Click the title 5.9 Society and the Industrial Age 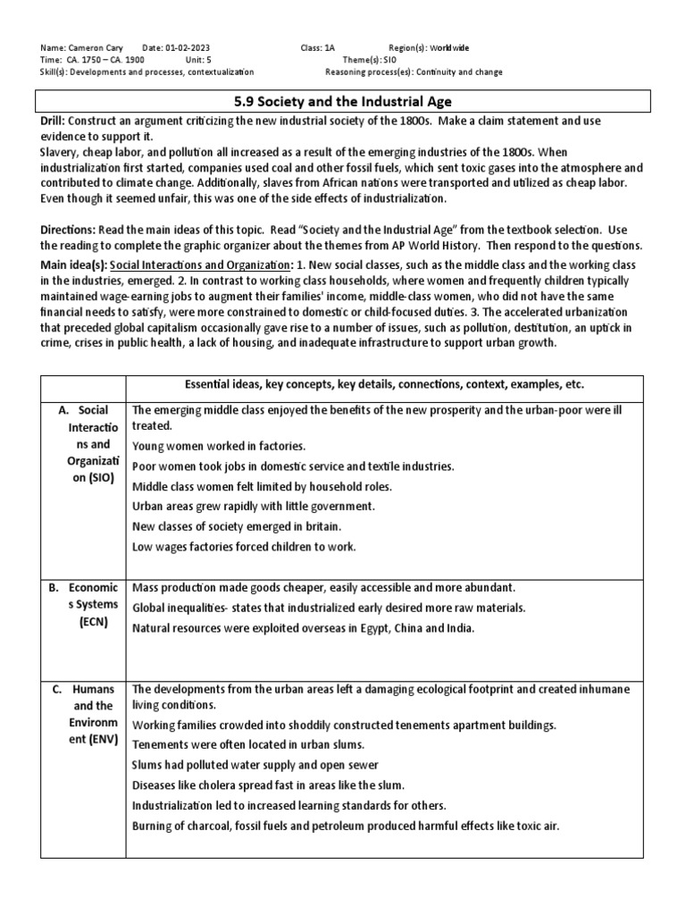pyautogui.click(x=343, y=102)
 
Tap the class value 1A pyautogui.click(x=331, y=47)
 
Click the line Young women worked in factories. pyautogui.click(x=219, y=445)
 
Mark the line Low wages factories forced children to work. pyautogui.click(x=244, y=547)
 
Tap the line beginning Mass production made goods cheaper pyautogui.click(x=323, y=587)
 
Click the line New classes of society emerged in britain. pyautogui.click(x=237, y=526)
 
